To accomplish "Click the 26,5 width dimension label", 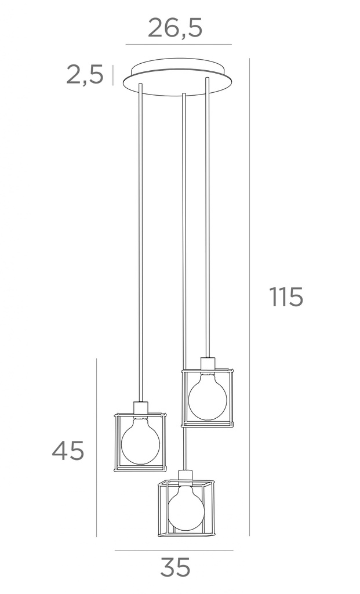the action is click(x=175, y=28).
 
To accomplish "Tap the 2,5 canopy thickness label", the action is click(x=85, y=74).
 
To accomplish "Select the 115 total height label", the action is click(x=286, y=296).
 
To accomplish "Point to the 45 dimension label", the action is click(x=68, y=451).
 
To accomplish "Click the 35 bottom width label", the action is click(x=175, y=567).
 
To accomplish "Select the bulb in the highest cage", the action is click(x=208, y=396).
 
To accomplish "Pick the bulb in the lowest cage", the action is click(x=186, y=508).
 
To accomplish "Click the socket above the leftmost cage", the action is click(x=141, y=408).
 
